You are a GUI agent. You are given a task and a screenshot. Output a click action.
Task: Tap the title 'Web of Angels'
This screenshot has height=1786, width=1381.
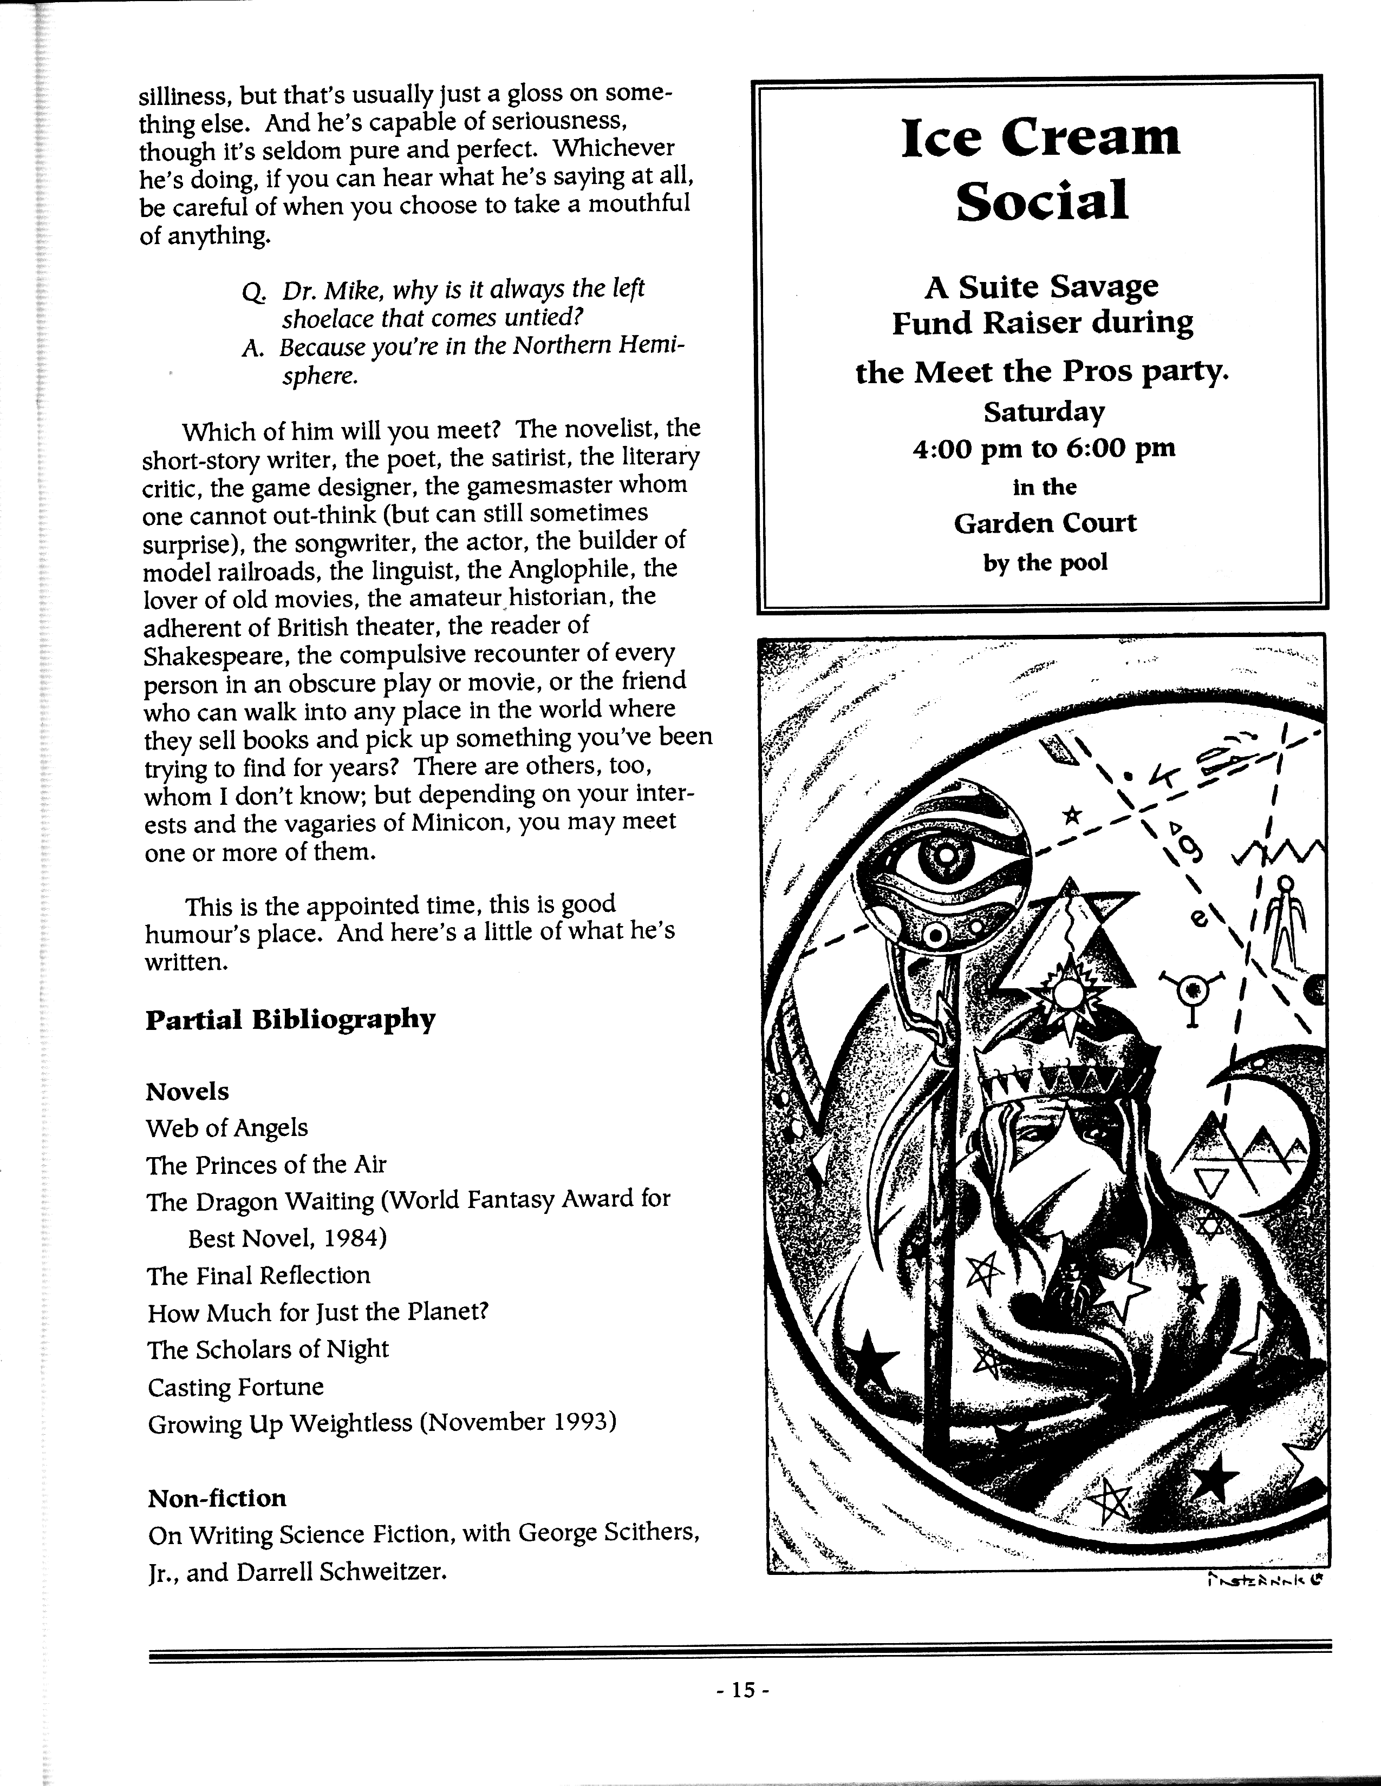point(226,1128)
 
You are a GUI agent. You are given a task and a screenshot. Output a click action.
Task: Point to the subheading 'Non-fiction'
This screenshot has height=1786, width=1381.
point(217,1498)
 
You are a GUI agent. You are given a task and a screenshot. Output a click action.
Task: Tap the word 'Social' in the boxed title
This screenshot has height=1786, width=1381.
point(1041,201)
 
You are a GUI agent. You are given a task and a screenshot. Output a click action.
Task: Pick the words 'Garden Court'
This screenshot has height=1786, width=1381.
point(1045,523)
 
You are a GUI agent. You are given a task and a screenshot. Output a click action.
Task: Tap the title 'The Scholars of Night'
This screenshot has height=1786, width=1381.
point(268,1349)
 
